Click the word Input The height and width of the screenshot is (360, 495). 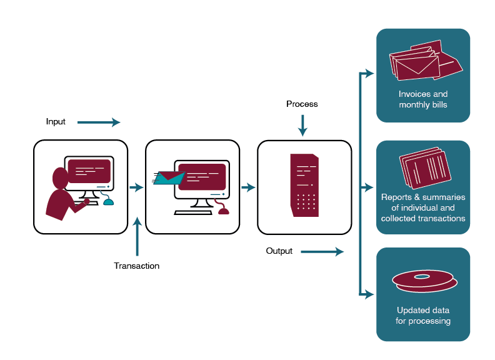[x=56, y=122]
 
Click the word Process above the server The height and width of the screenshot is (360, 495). [x=302, y=104]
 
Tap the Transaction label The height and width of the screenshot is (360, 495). [x=136, y=266]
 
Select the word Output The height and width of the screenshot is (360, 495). [x=279, y=251]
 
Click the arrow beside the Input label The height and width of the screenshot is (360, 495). [x=99, y=122]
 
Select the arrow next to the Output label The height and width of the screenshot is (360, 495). [x=322, y=252]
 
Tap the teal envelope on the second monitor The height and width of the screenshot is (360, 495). [x=169, y=177]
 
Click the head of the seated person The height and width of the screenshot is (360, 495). [x=60, y=178]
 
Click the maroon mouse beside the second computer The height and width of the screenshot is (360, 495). [x=223, y=210]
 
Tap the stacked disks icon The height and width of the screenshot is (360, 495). [x=422, y=282]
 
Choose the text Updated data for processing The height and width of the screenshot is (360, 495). [x=423, y=316]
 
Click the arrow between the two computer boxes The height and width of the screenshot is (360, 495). [x=136, y=187]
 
